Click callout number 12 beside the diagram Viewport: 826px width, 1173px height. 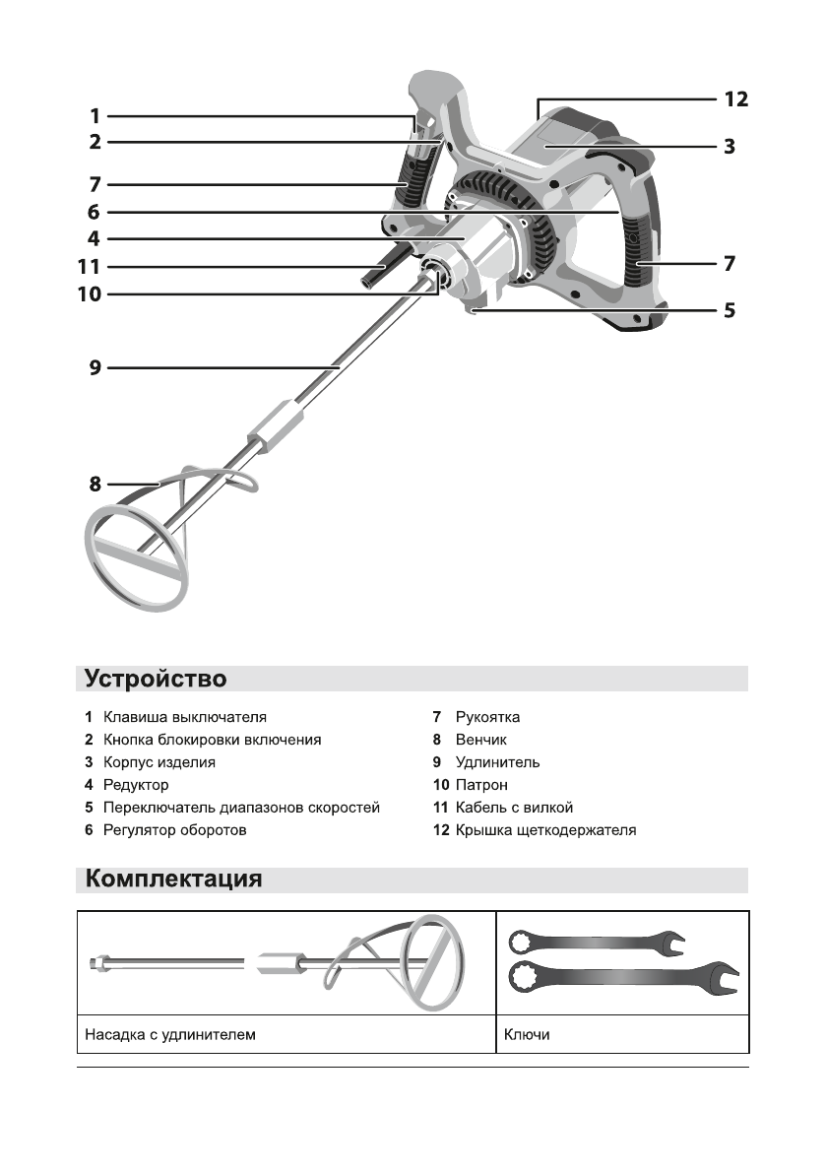coord(735,98)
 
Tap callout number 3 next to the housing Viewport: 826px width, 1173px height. coord(729,147)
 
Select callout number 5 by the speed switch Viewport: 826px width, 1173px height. coord(729,309)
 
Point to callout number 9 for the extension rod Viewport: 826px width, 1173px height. coord(95,368)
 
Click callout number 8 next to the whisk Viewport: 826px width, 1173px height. coord(95,485)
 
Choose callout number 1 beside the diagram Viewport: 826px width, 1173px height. coord(95,114)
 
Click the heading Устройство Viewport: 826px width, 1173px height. coord(156,679)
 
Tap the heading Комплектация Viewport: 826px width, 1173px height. coord(173,879)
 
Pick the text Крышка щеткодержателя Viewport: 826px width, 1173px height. coord(545,830)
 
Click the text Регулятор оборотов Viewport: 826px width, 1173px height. coord(174,830)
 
